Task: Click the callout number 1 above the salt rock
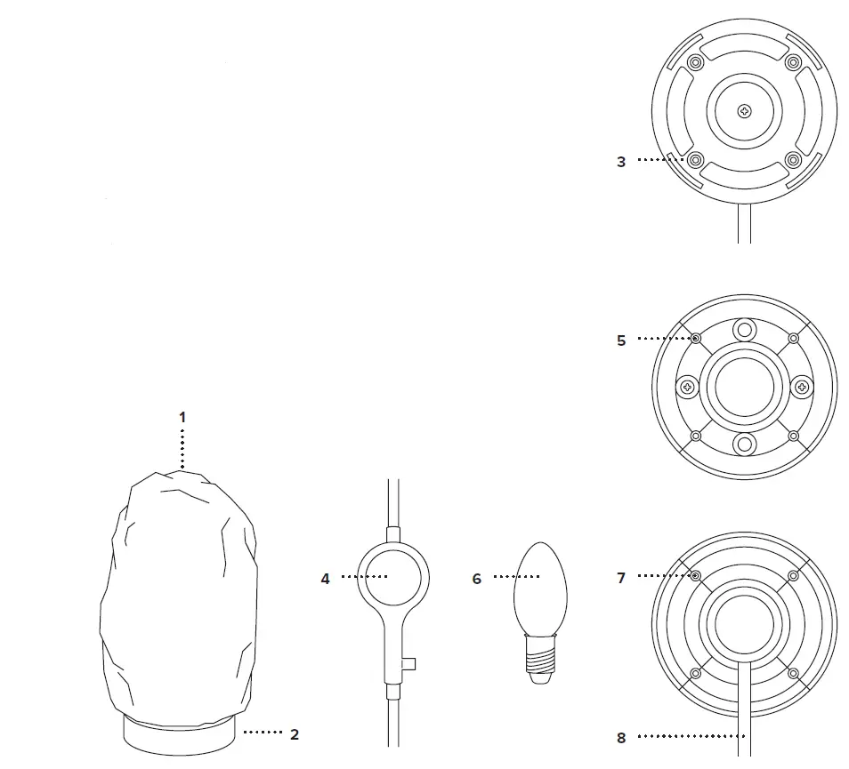(182, 416)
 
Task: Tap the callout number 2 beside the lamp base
(295, 734)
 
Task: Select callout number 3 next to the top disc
(621, 162)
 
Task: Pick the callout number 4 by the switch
(326, 579)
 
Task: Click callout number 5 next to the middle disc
(621, 340)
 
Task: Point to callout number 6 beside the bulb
(477, 579)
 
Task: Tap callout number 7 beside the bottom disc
(621, 578)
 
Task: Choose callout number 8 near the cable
(621, 737)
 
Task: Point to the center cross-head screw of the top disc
(745, 110)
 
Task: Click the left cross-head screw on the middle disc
(688, 387)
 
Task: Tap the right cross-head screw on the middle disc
(802, 387)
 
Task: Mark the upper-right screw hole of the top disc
(794, 61)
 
